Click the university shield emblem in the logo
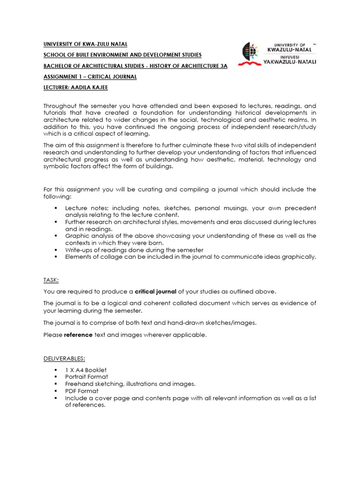pos(249,53)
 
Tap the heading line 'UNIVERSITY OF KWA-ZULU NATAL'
pos(85,44)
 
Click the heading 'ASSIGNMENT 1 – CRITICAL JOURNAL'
pos(90,77)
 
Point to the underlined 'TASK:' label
pos(51,280)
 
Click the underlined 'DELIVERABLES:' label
pos(64,359)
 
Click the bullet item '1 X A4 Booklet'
pos(86,370)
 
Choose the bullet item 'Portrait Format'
pos(86,377)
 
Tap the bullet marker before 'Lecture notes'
pos(55,208)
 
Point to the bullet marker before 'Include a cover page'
pos(55,398)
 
